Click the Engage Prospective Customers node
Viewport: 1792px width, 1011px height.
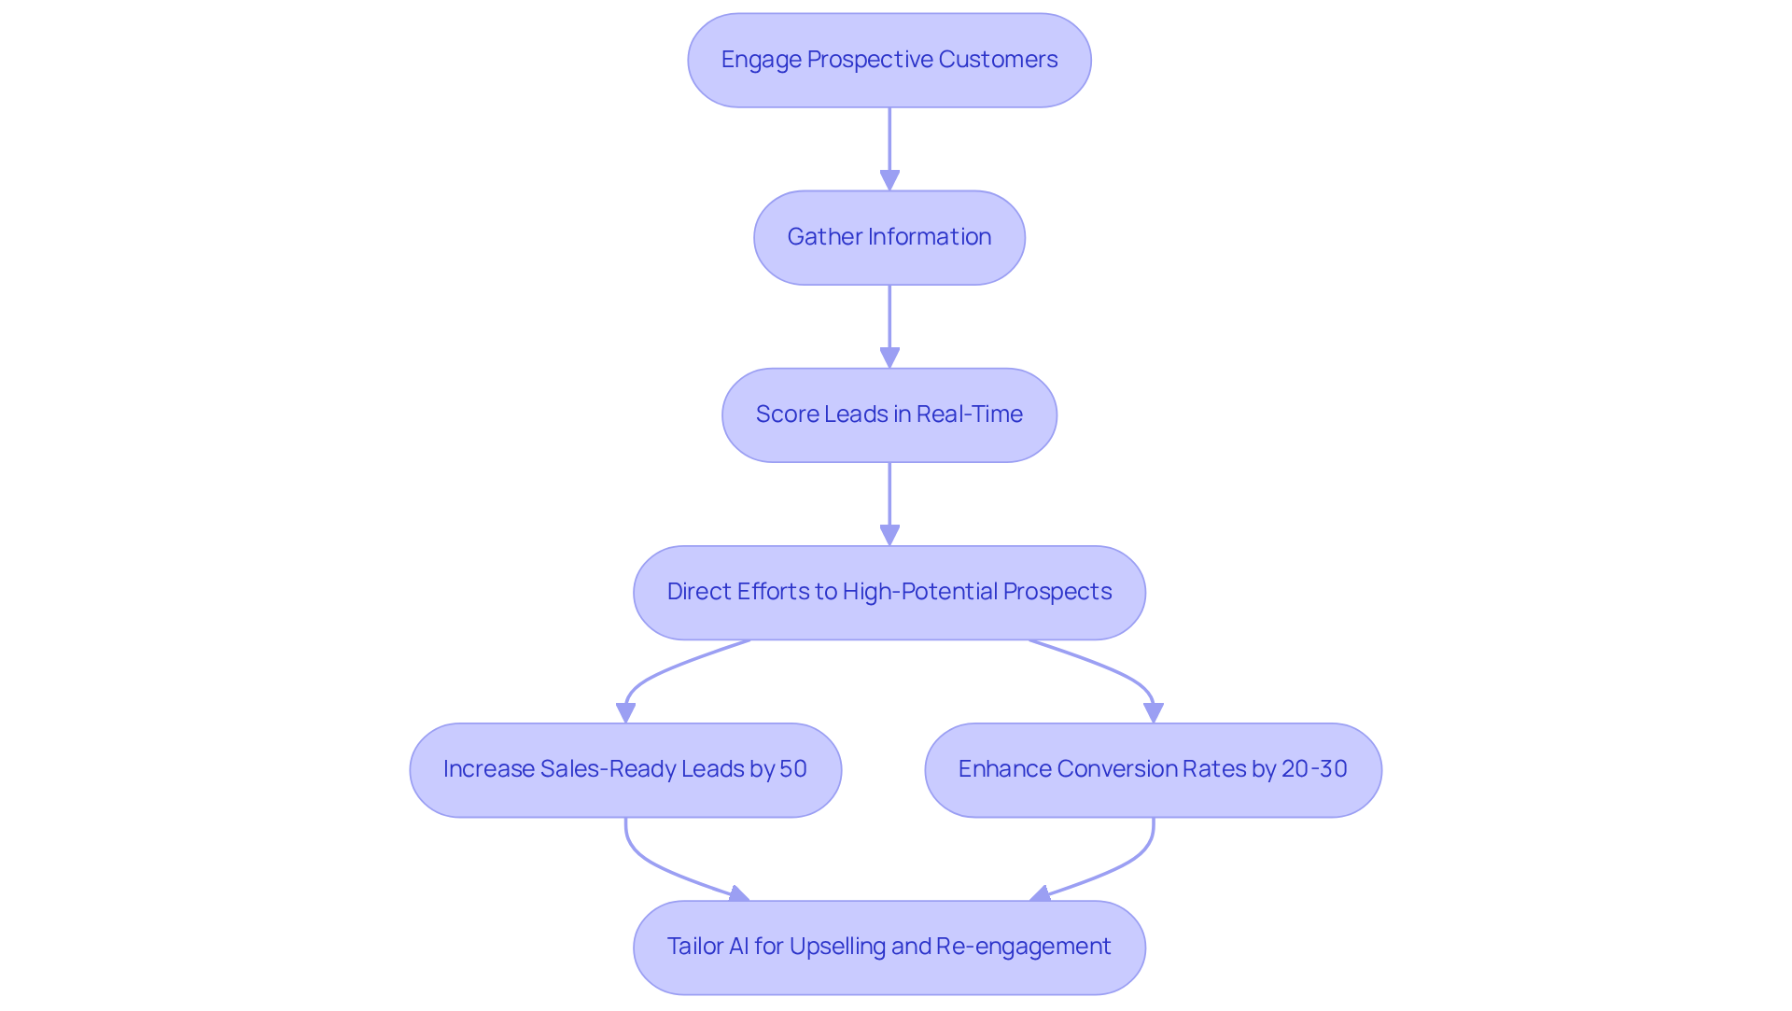tap(889, 60)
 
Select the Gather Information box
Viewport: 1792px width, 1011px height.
tap(889, 237)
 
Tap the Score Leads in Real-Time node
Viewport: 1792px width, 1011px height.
tap(889, 414)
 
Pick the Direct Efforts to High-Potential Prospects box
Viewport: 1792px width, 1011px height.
tap(889, 592)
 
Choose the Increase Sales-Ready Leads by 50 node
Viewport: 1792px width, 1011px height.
tap(625, 769)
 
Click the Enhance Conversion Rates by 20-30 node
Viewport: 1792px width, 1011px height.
tap(1153, 769)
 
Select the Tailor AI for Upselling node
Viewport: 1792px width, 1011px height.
tap(889, 947)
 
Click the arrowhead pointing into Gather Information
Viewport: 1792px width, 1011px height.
tap(889, 179)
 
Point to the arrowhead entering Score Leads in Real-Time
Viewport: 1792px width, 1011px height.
tap(889, 357)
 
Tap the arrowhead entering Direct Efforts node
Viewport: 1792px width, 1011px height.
tap(889, 534)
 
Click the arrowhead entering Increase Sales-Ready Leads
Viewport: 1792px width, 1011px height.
tap(625, 712)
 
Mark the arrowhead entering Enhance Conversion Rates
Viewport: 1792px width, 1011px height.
tap(1154, 712)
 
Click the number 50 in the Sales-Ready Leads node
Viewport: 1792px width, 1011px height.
tap(792, 769)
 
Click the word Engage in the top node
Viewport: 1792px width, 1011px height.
tap(761, 60)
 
